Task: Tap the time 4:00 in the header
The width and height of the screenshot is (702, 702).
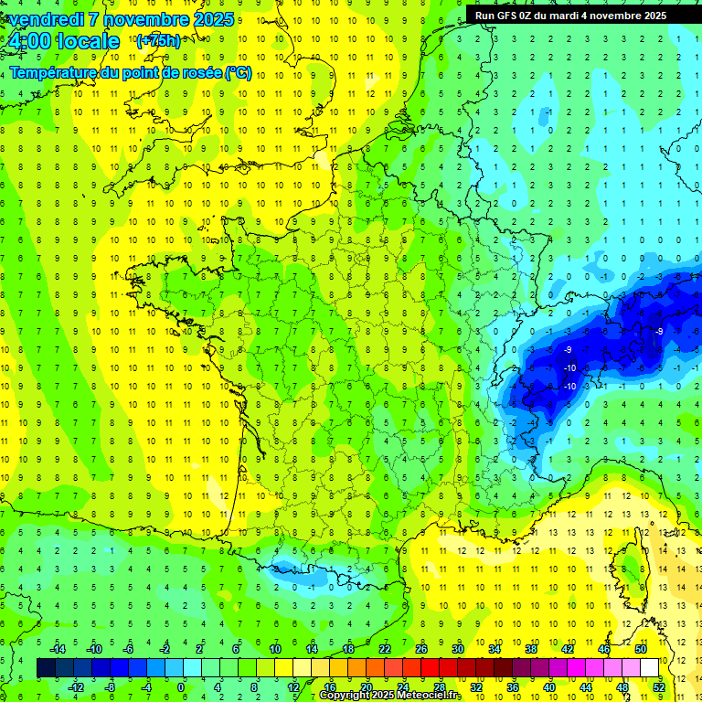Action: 33,42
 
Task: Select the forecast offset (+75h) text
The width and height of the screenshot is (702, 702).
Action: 158,41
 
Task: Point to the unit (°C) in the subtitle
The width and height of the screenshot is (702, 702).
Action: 238,73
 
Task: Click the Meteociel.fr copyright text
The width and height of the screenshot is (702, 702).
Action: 391,696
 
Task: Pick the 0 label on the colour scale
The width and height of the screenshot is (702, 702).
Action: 180,687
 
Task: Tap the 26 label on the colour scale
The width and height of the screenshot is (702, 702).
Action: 421,649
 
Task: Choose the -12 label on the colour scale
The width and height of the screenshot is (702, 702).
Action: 77,687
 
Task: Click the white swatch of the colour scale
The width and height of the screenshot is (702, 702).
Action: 650,668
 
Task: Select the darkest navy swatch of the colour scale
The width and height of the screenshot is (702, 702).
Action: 47,668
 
